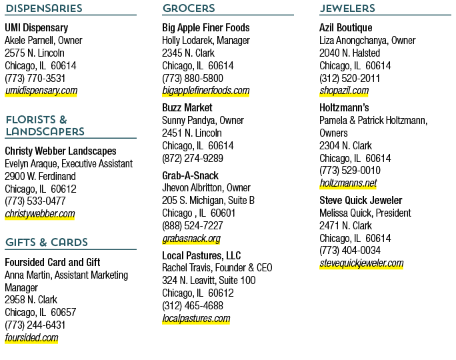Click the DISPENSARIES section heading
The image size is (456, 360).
point(44,8)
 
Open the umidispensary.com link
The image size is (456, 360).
point(41,91)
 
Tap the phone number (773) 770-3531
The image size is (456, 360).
point(35,78)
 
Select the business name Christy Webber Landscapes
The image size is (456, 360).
point(61,151)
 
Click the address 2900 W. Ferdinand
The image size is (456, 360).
point(40,176)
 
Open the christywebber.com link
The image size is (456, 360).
point(40,214)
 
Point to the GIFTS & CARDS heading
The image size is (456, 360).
point(47,242)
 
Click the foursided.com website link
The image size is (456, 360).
point(31,337)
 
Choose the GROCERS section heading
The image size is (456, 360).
point(189,8)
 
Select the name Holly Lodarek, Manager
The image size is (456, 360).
point(206,41)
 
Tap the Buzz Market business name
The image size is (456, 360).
point(187,107)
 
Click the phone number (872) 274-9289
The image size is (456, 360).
point(193,158)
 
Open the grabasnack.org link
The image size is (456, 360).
point(191,239)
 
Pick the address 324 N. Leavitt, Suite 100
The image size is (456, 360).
point(209,280)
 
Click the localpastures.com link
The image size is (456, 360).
point(196,319)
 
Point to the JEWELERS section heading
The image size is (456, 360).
point(347,8)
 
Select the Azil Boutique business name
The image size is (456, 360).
point(346,27)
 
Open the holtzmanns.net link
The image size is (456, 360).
point(348,183)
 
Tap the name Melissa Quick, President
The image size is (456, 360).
point(365,213)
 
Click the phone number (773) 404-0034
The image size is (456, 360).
point(350,251)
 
